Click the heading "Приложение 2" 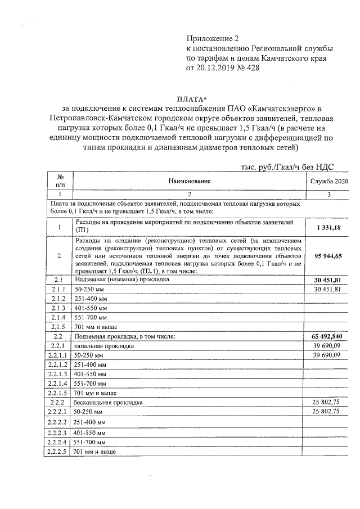(213, 38)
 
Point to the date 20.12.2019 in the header (217, 69)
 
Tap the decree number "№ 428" (250, 69)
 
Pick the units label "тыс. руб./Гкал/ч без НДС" (287, 167)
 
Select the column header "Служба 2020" (330, 181)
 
